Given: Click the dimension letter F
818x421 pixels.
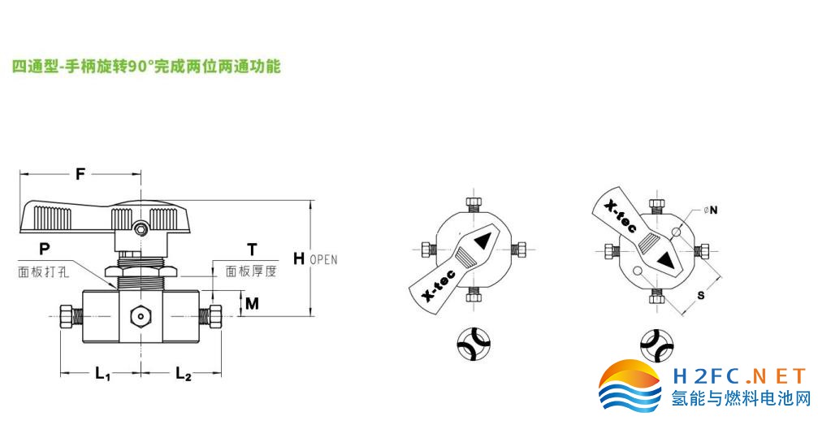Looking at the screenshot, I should pyautogui.click(x=80, y=174).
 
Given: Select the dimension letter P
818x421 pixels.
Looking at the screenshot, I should pyautogui.click(x=44, y=248).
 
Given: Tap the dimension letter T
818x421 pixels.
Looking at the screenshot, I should pyautogui.click(x=252, y=249).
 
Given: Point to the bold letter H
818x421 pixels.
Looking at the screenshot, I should pyautogui.click(x=299, y=258).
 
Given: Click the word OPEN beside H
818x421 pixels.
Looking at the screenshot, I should pyautogui.click(x=323, y=260).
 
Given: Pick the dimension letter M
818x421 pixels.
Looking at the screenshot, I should pyautogui.click(x=252, y=304).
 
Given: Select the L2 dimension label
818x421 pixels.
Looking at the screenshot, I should pyautogui.click(x=183, y=375).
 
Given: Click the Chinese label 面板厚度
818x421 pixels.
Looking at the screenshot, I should pyautogui.click(x=251, y=271).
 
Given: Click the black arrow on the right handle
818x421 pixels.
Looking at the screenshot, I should pyautogui.click(x=666, y=261).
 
